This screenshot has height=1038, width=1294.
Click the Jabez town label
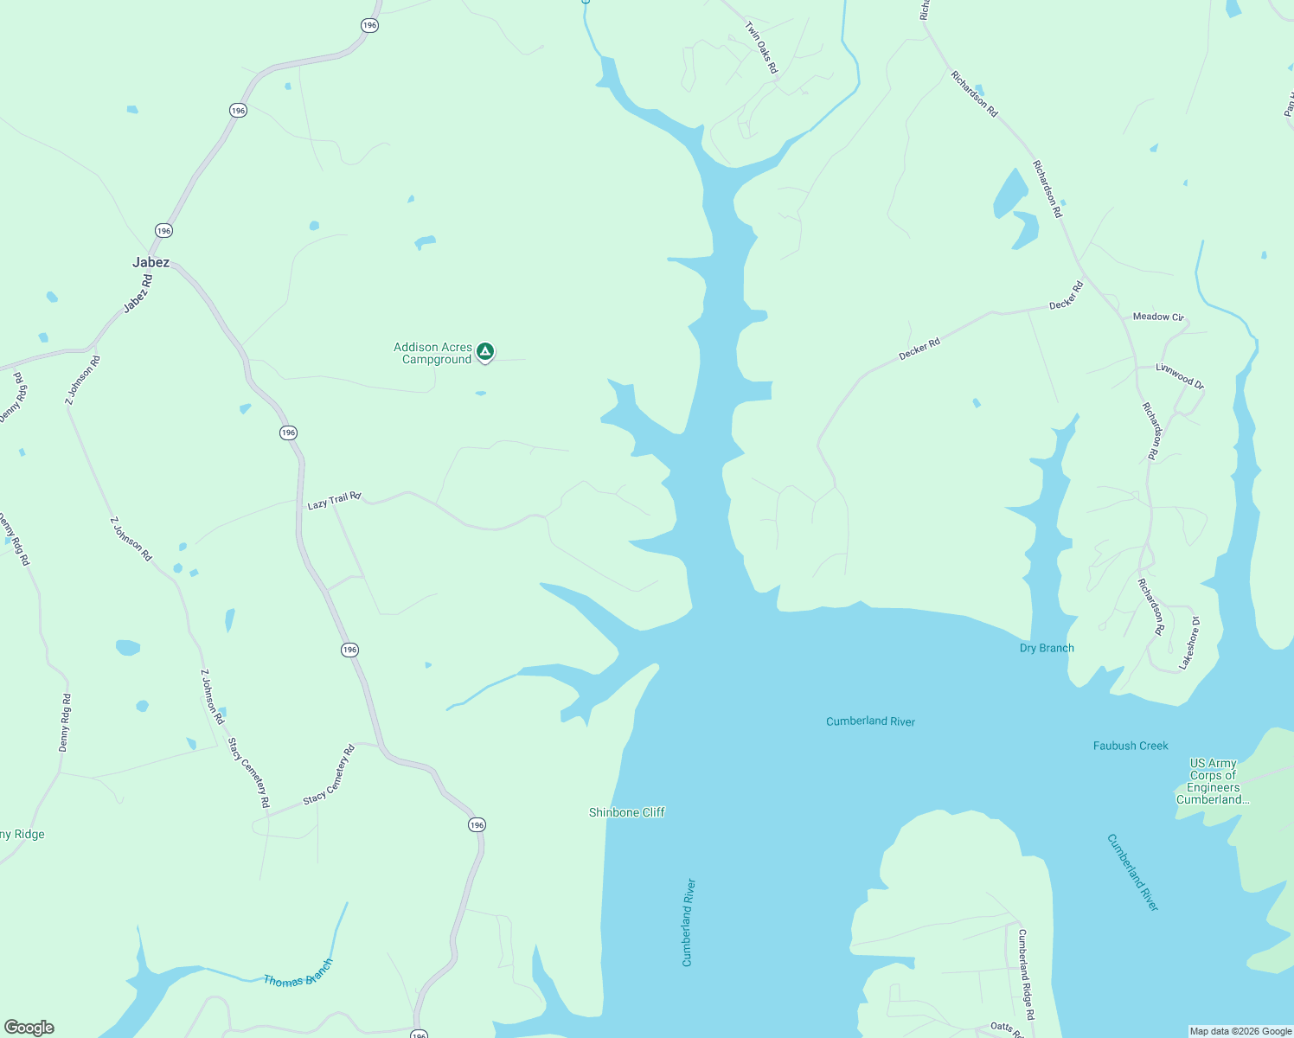pyautogui.click(x=151, y=262)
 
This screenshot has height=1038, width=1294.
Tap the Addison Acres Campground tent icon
pyautogui.click(x=486, y=351)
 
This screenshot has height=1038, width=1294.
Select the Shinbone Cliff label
pyautogui.click(x=627, y=812)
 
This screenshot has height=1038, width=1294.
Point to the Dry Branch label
pyautogui.click(x=1047, y=648)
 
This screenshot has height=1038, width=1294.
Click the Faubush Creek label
pyautogui.click(x=1131, y=746)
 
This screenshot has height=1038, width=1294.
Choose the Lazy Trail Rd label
pyautogui.click(x=334, y=500)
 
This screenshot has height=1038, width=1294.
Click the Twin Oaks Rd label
pyautogui.click(x=761, y=48)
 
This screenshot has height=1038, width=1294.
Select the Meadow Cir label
pyautogui.click(x=1157, y=317)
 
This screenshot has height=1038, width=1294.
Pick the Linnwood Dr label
pyautogui.click(x=1180, y=375)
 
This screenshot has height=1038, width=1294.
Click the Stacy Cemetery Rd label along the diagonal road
pyautogui.click(x=330, y=775)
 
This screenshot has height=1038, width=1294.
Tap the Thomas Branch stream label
pyautogui.click(x=298, y=974)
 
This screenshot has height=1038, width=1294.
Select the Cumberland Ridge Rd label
pyautogui.click(x=1026, y=975)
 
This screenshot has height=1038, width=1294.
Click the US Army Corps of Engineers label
pyautogui.click(x=1213, y=781)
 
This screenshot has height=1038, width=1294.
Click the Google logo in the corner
pyautogui.click(x=29, y=1028)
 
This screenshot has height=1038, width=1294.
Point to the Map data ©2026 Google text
pyautogui.click(x=1240, y=1031)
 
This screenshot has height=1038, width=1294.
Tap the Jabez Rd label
pyautogui.click(x=138, y=293)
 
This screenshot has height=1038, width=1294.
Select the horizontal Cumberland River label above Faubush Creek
pyautogui.click(x=870, y=721)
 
